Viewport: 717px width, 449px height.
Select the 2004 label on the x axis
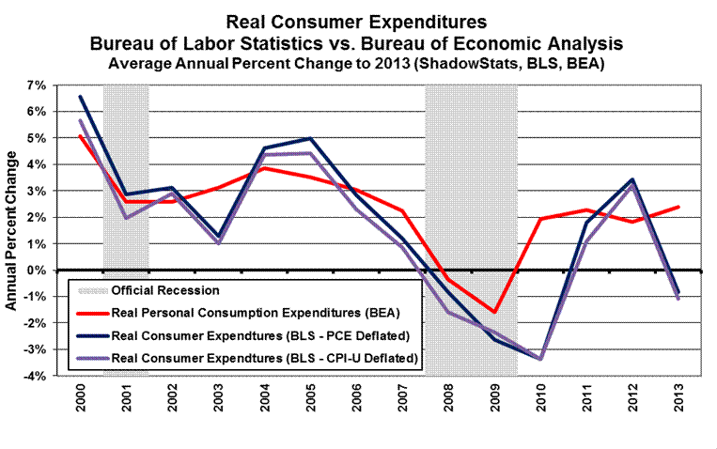coord(261,404)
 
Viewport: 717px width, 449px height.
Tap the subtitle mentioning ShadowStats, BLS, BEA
coord(361,64)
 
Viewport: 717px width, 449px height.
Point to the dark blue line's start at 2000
coord(80,96)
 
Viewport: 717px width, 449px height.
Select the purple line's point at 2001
coord(126,218)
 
